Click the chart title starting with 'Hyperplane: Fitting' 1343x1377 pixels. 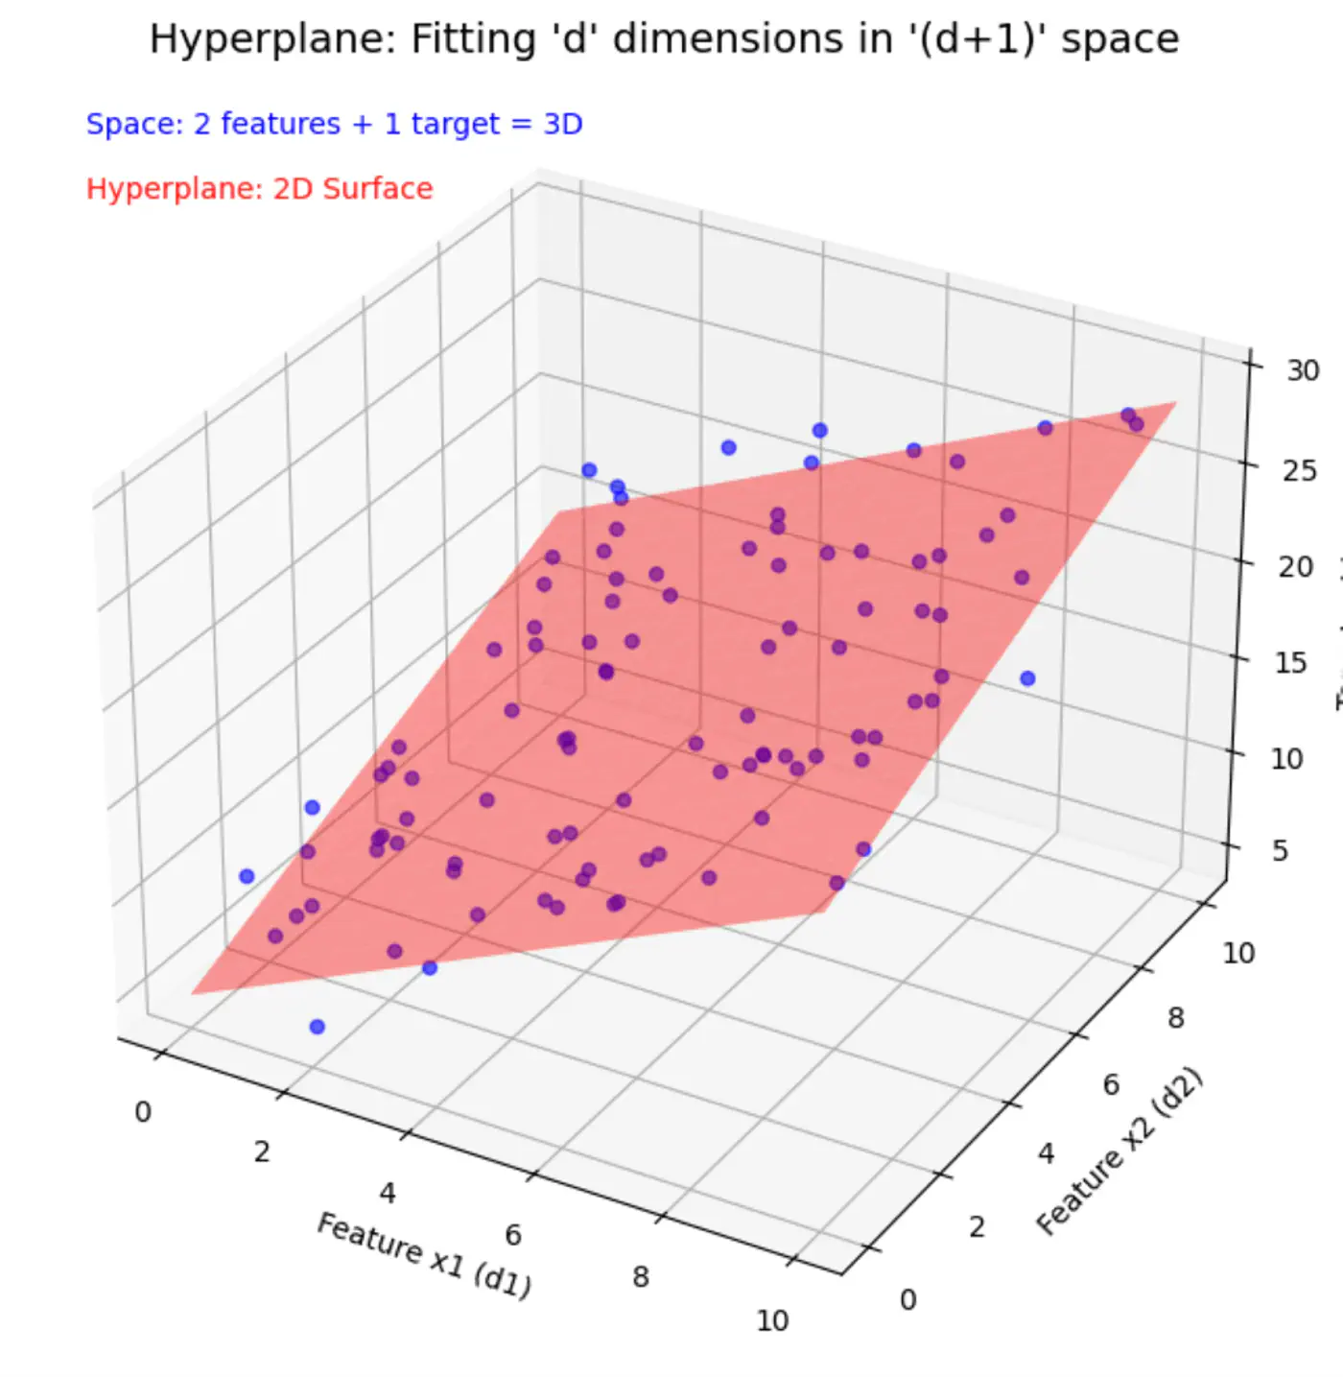(x=664, y=40)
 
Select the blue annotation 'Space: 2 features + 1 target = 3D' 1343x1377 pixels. (x=334, y=124)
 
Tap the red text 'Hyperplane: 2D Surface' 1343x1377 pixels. (x=259, y=188)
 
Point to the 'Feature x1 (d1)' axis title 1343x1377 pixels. (x=424, y=1254)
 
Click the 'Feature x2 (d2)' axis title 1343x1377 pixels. (x=1119, y=1151)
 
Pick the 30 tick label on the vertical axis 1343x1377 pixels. (x=1303, y=370)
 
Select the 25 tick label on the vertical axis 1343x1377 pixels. (x=1299, y=471)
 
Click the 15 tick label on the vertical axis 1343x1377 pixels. (x=1290, y=663)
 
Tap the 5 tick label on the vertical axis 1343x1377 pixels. (x=1280, y=851)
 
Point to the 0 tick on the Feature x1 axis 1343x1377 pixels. (x=143, y=1112)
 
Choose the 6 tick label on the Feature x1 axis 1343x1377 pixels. (x=513, y=1235)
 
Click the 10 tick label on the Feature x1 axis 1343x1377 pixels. (x=772, y=1321)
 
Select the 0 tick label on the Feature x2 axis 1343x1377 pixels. (x=907, y=1299)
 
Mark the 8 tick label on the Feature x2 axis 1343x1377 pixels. (x=1175, y=1018)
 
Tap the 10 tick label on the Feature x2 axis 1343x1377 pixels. (x=1237, y=953)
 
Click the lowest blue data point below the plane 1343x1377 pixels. (x=318, y=1027)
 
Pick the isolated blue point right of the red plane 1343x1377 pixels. (x=1027, y=678)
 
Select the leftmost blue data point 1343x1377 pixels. (x=247, y=876)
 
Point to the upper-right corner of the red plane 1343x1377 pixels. (x=1175, y=403)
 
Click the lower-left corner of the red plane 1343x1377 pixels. (x=193, y=993)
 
